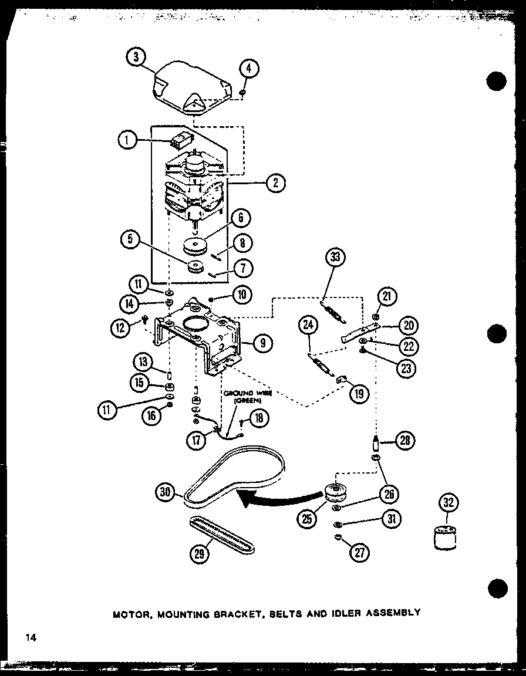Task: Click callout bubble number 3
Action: (x=136, y=58)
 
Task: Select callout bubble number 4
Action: (x=249, y=68)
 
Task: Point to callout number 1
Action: (x=127, y=140)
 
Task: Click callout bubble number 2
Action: (x=275, y=182)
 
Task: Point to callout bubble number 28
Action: (x=406, y=440)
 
